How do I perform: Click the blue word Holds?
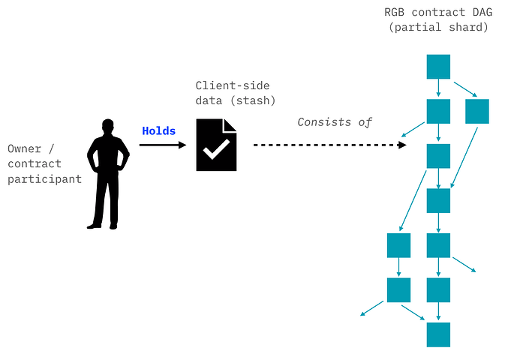tap(158, 131)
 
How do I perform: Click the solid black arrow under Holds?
tap(163, 145)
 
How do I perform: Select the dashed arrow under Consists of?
tap(329, 145)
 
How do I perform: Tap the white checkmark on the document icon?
tap(216, 149)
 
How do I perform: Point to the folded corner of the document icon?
tap(230, 125)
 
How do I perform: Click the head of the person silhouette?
tap(108, 126)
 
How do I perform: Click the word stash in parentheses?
tap(253, 100)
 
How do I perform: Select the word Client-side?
tap(233, 85)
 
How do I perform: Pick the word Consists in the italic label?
tap(324, 122)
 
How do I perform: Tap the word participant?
tap(44, 179)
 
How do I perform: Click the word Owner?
tap(25, 148)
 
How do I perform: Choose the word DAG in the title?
tap(482, 12)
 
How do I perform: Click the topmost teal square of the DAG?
tap(438, 67)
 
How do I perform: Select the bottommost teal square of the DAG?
tap(438, 334)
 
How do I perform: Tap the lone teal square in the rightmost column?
tap(476, 112)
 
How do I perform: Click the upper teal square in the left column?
tap(398, 245)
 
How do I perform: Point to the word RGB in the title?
tap(395, 12)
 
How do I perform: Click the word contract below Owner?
tap(35, 163)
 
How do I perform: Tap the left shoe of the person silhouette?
tap(94, 226)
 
